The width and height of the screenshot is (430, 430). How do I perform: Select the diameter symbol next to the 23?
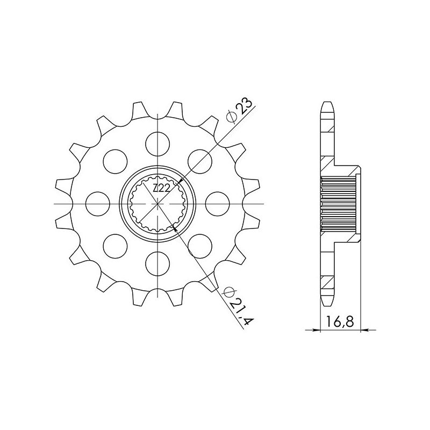pos(231,117)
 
